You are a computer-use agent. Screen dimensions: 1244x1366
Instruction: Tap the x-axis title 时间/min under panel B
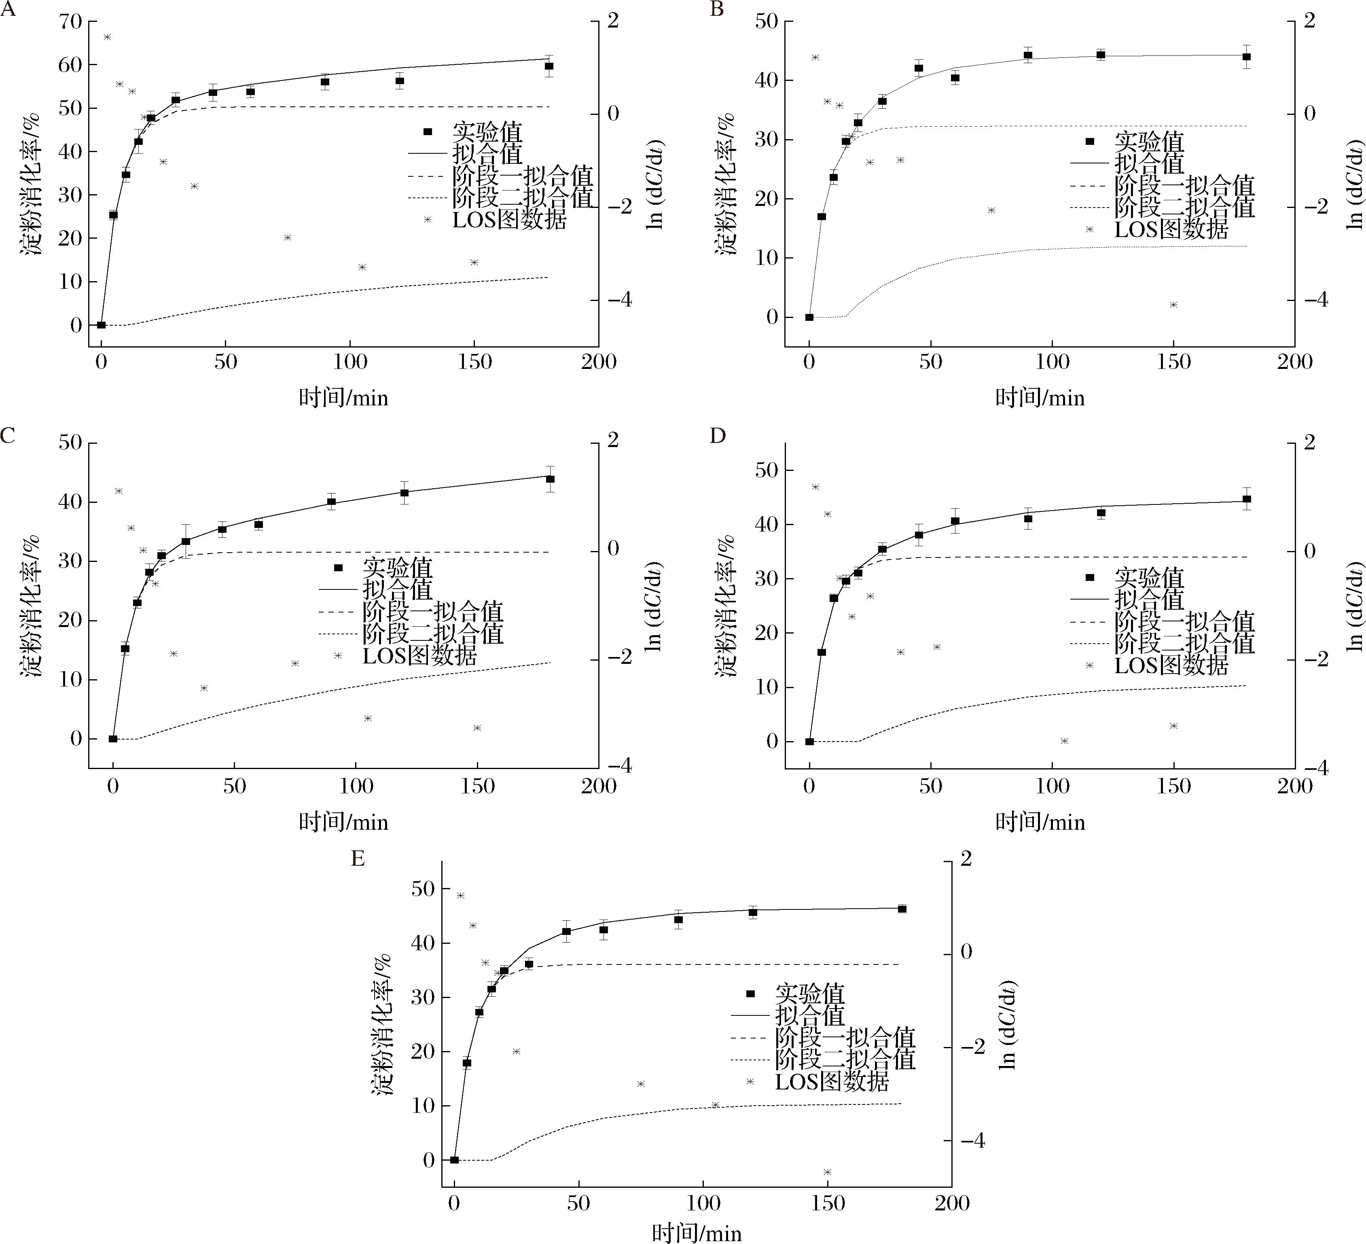pyautogui.click(x=1040, y=398)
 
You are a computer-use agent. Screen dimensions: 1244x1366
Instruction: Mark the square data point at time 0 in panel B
pyautogui.click(x=809, y=317)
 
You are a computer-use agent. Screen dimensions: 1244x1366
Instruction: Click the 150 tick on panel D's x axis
pyautogui.click(x=1173, y=786)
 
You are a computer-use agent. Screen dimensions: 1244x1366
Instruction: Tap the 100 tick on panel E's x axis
pyautogui.click(x=703, y=1204)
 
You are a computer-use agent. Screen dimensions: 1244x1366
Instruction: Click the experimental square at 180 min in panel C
pyautogui.click(x=550, y=479)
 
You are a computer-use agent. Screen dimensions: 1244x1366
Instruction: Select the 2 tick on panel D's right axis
pyautogui.click(x=1309, y=443)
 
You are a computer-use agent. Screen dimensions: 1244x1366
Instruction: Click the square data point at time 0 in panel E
pyautogui.click(x=455, y=1160)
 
